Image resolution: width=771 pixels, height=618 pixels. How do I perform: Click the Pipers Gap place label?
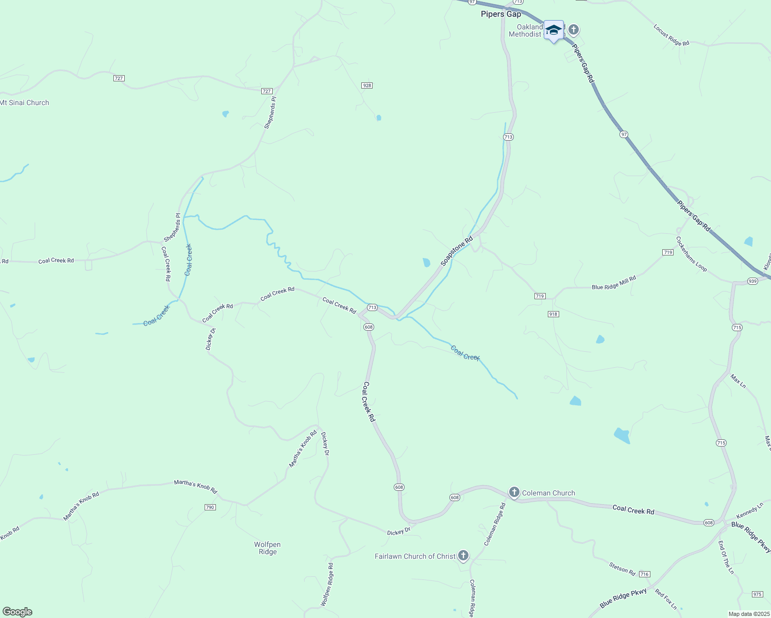(x=500, y=14)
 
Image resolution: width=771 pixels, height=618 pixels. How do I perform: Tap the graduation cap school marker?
(x=554, y=30)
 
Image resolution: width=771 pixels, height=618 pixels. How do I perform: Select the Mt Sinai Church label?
(x=24, y=102)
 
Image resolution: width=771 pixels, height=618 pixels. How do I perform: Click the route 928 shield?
(x=367, y=85)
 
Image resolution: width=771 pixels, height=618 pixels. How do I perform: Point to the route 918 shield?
(x=554, y=314)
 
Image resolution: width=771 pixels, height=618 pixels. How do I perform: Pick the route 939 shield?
(x=752, y=281)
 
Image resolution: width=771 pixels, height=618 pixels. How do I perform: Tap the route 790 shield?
(x=210, y=507)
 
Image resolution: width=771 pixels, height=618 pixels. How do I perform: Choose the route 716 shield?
(x=644, y=574)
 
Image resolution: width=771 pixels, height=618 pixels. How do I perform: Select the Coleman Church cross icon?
(x=514, y=492)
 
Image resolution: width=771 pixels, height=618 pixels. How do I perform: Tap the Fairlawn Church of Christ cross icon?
(x=463, y=556)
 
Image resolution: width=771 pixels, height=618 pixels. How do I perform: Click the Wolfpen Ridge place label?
(x=267, y=548)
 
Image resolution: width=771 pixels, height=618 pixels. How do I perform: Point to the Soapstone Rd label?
(x=457, y=251)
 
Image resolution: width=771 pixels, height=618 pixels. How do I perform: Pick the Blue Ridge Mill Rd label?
(x=614, y=283)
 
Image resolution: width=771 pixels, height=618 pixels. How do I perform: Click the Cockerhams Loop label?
(x=691, y=254)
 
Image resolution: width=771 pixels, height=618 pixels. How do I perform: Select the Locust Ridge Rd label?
(x=671, y=36)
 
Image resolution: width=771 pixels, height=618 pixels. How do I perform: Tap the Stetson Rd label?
(x=622, y=568)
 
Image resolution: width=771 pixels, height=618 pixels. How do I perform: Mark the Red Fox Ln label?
(x=666, y=599)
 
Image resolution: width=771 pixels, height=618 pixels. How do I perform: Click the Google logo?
(x=18, y=612)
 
